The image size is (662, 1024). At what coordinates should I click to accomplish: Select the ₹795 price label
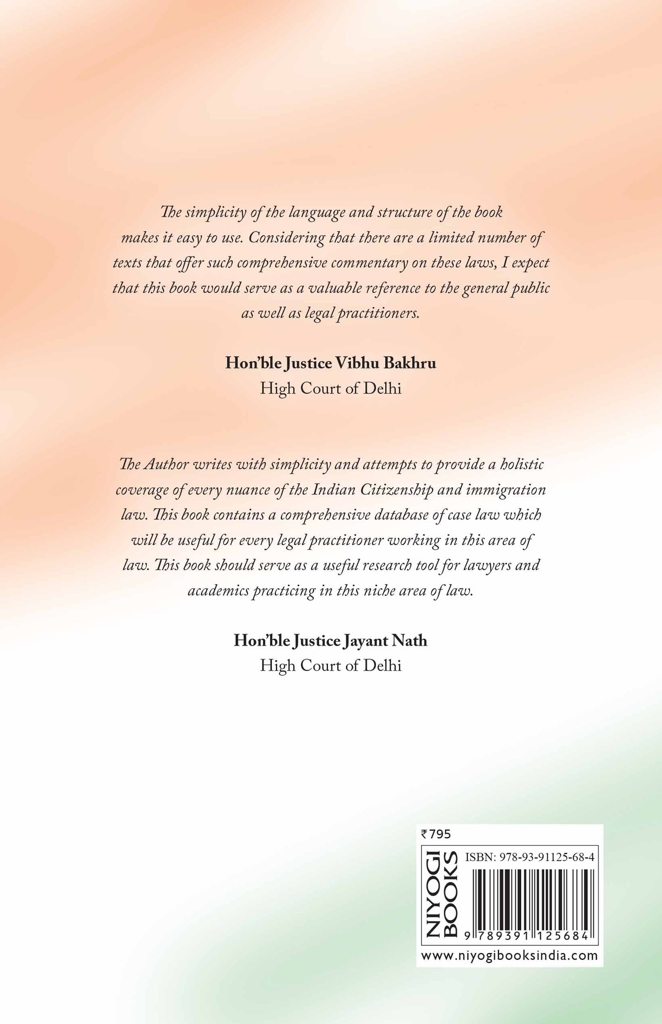pos(436,834)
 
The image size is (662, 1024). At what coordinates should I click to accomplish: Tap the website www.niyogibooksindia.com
pos(509,956)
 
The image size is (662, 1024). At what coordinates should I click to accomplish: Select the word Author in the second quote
pos(167,464)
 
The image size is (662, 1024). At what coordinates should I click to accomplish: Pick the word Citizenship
pos(397,490)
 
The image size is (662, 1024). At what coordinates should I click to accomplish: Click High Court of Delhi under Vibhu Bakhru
pos(331,388)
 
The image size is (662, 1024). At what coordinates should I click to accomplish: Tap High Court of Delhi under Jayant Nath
pos(331,665)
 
